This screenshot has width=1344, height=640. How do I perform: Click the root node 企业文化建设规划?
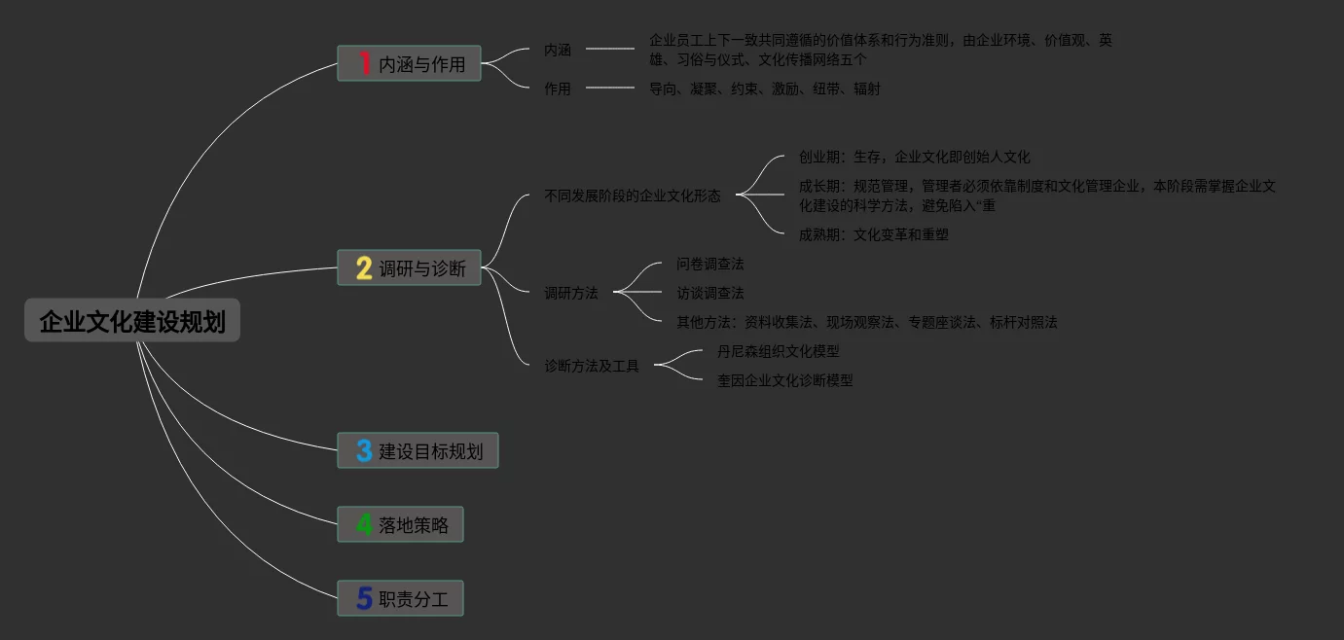(x=132, y=321)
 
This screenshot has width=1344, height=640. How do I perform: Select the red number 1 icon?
(x=364, y=64)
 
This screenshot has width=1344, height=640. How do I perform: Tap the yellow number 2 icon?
(x=364, y=268)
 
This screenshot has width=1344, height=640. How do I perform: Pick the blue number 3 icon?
(x=364, y=451)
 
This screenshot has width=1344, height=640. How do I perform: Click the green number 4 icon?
(x=364, y=525)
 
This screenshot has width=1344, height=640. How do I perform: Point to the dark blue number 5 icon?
(x=364, y=599)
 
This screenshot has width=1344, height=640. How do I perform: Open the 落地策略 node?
(x=414, y=525)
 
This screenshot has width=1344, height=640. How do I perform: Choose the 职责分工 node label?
(x=414, y=599)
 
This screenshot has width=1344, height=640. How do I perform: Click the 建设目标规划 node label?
(x=430, y=451)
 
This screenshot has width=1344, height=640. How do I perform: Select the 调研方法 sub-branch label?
(x=571, y=293)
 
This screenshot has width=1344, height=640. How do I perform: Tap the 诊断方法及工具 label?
(x=592, y=367)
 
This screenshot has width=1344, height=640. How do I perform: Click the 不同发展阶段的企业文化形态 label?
(x=633, y=196)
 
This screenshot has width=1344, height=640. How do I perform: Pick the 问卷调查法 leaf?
(x=710, y=264)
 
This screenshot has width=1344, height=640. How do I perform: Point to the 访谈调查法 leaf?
(x=710, y=293)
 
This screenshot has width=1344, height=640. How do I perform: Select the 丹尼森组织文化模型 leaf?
(x=778, y=351)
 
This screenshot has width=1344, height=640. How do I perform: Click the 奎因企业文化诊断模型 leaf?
(x=784, y=380)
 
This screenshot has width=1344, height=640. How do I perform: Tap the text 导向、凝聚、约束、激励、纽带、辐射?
(x=764, y=89)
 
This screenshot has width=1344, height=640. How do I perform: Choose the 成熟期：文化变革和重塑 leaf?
(x=873, y=234)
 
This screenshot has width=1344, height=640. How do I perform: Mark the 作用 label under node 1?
(x=558, y=89)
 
